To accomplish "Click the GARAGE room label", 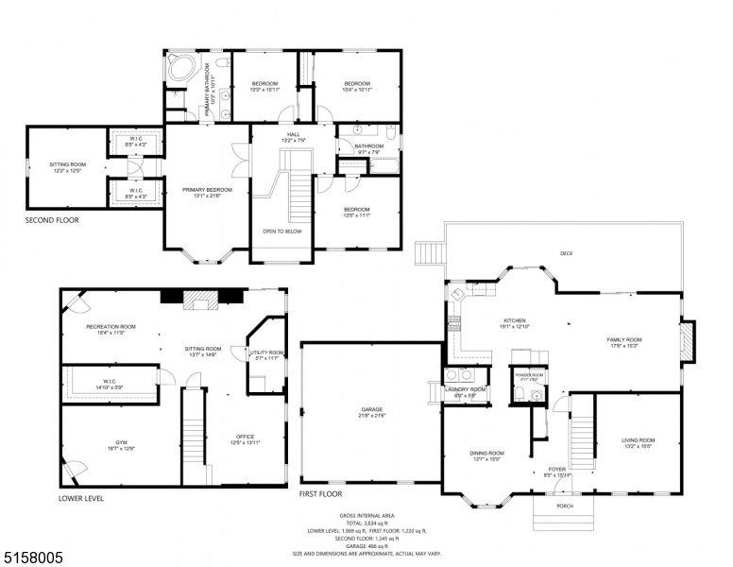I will (x=371, y=409).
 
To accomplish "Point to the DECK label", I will (x=566, y=252).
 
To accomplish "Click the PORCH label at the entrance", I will (x=564, y=506).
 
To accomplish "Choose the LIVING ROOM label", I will (x=638, y=439).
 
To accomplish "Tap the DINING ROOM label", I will (x=486, y=453).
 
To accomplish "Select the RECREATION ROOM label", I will (x=111, y=327).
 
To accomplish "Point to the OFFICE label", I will (x=245, y=436).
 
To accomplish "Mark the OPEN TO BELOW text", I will (x=282, y=230).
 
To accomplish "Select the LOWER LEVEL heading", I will (x=81, y=498).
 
